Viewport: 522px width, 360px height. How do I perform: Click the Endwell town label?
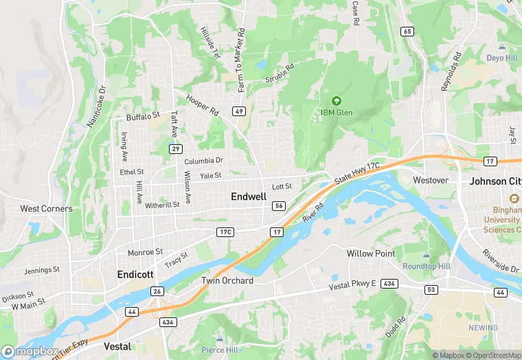pos(249,196)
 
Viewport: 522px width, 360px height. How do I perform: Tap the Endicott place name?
pos(135,274)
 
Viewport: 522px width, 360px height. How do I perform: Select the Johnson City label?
pos(495,182)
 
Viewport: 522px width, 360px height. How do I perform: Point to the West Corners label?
pos(46,209)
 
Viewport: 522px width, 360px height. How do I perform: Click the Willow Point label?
pos(371,254)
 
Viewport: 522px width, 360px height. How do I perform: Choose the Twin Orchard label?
pos(227,281)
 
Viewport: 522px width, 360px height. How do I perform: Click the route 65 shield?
pos(408,31)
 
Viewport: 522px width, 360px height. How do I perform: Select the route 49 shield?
pos(239,111)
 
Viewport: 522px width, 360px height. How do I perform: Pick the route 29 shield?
pos(176,149)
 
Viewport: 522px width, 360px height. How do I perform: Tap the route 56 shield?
pos(279,206)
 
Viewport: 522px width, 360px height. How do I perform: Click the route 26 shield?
pos(157,291)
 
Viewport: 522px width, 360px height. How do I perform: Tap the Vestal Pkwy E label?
pos(353,285)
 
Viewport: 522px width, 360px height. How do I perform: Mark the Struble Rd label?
pos(280,75)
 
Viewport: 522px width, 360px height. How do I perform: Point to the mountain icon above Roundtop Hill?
pos(426,255)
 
